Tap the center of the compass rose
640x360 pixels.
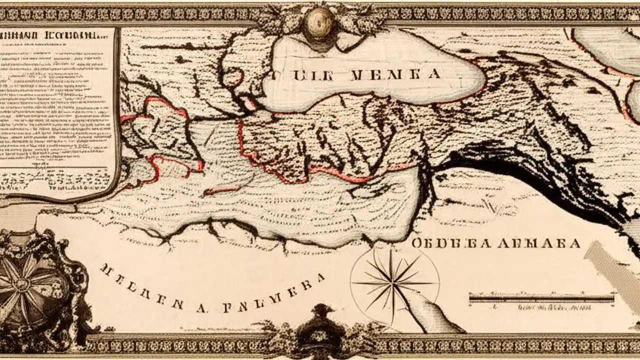coord(393,283)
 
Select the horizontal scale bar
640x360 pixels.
coord(541,298)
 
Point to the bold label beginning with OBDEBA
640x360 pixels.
coord(495,243)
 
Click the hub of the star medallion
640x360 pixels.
coord(21,285)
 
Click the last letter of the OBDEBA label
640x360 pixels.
coord(575,243)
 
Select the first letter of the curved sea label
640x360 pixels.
coord(104,269)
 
